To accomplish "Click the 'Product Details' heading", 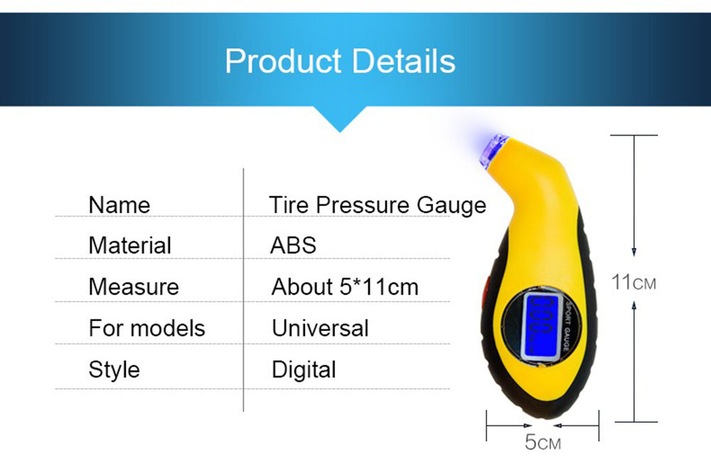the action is coord(340,61).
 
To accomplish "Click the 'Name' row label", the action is coord(119,205).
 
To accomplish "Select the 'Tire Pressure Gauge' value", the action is coord(378,205).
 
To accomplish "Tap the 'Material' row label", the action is coord(129,246).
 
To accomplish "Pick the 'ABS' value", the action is coord(293,246).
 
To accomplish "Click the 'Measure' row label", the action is coord(134,287).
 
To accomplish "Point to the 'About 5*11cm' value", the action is coord(345,287).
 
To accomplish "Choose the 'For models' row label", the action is coord(147,328).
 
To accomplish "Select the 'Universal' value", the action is coord(320,328).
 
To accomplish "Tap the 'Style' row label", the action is coord(114,370).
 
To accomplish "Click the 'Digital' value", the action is coord(304,370).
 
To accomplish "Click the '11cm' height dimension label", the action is coord(634,282).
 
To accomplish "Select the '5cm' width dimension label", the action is coord(542,442).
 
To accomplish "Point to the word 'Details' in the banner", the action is coord(404,61).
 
